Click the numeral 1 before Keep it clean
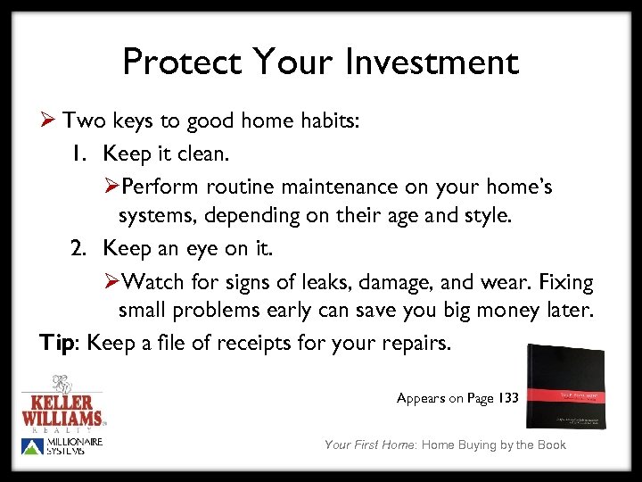click(79, 154)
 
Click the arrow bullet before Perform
click(111, 187)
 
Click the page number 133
click(506, 398)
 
